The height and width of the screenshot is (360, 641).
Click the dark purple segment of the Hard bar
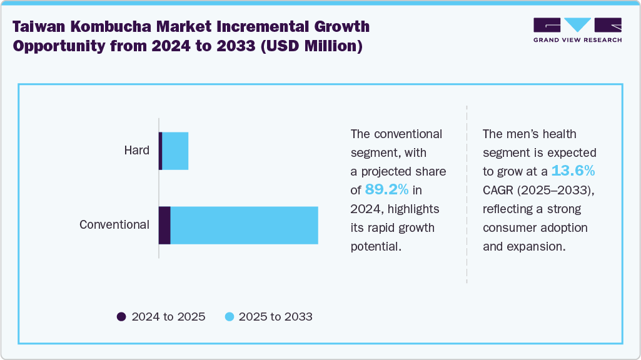[161, 151]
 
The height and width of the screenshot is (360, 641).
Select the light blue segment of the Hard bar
[175, 151]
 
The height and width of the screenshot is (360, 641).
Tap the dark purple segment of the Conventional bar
[164, 225]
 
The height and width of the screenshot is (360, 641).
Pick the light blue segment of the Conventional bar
[244, 225]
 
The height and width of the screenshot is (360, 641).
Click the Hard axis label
[136, 151]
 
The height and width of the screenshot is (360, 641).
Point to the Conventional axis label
[114, 225]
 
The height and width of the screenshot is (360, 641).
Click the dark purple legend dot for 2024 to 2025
[121, 317]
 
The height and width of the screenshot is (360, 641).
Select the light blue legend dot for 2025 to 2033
[230, 317]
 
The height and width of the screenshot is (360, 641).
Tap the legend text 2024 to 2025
[168, 317]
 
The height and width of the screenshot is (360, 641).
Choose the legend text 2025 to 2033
[276, 317]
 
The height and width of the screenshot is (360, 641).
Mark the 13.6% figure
[573, 171]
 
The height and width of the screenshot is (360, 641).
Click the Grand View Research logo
[577, 30]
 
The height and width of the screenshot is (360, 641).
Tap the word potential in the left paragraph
[375, 246]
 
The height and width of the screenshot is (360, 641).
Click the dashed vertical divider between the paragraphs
[467, 194]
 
